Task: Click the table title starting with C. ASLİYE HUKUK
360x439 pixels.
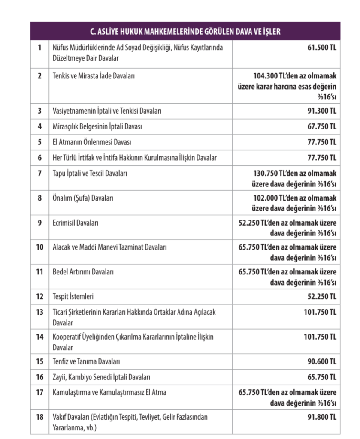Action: [x=185, y=32]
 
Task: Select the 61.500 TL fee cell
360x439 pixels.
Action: [x=319, y=47]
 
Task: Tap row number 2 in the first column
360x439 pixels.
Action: [x=39, y=76]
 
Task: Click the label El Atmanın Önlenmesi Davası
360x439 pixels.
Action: [x=92, y=142]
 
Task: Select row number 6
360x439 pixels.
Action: [x=39, y=158]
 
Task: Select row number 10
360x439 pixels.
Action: [x=39, y=247]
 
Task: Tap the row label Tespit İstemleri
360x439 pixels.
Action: [x=73, y=296]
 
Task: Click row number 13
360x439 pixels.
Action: [x=39, y=312]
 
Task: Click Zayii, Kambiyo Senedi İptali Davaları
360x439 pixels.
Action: [x=101, y=377]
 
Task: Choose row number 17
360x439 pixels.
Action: [x=39, y=392]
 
